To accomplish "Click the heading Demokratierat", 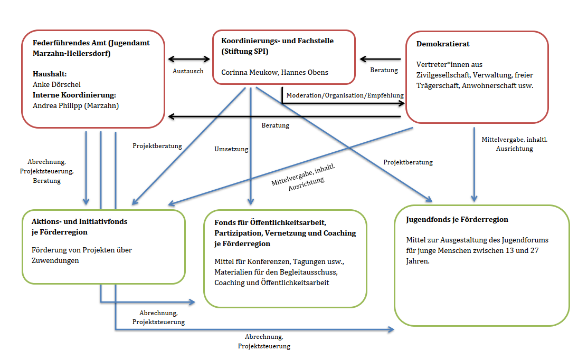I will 443,44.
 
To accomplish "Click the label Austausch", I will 188,70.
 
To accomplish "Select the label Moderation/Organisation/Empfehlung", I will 345,95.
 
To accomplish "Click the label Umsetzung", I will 231,149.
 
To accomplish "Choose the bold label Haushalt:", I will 49,74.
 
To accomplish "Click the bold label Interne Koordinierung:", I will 74,95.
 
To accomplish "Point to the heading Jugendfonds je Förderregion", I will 457,219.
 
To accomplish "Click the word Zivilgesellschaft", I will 446,75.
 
